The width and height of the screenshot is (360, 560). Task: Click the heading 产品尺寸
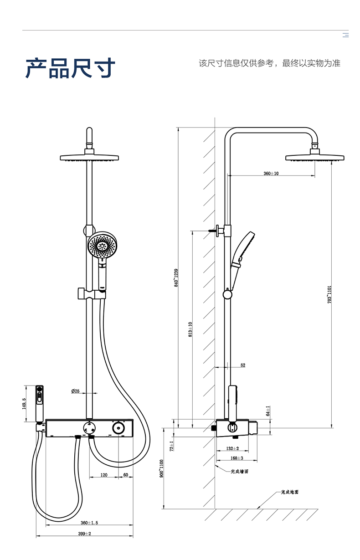71,68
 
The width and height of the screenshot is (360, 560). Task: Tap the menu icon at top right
345,35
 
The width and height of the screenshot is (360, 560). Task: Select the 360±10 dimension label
271,174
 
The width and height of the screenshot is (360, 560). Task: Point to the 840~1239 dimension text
176,277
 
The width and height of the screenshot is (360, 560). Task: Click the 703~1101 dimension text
329,295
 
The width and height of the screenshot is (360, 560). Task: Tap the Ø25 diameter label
75,391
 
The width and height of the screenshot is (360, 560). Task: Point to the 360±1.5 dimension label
89,523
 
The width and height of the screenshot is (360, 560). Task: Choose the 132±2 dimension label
232,449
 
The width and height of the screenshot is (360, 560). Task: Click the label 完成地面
289,493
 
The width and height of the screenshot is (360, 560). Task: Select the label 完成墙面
240,472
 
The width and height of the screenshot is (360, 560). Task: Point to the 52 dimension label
242,365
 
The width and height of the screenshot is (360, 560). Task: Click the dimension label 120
103,475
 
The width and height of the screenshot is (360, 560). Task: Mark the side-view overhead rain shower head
314,158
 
